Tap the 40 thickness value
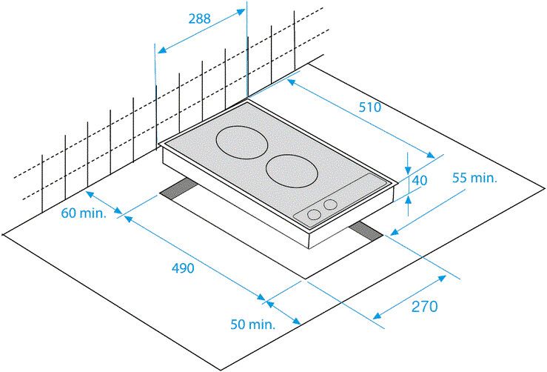pyautogui.click(x=420, y=180)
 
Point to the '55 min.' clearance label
pyautogui.click(x=474, y=178)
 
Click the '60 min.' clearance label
pyautogui.click(x=84, y=213)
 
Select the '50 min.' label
pyautogui.click(x=252, y=324)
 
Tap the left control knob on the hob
pyautogui.click(x=314, y=214)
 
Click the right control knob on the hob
pyautogui.click(x=330, y=205)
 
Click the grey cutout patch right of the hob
pyautogui.click(x=367, y=230)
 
